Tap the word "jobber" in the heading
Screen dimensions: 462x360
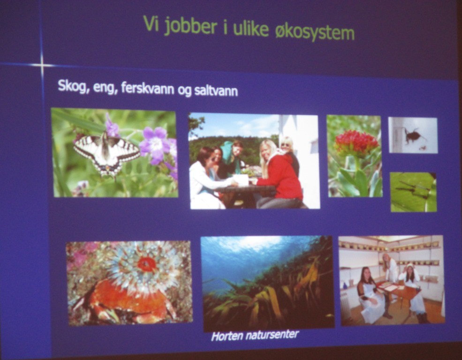(x=190, y=26)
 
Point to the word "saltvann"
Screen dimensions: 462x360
(x=216, y=90)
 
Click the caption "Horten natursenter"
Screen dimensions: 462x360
(x=255, y=335)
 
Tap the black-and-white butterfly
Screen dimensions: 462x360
(x=106, y=153)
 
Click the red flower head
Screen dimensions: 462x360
(x=356, y=143)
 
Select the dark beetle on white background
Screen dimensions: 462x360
(x=412, y=135)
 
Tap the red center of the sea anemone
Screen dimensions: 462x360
(x=146, y=264)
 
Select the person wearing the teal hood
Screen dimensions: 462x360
(x=233, y=156)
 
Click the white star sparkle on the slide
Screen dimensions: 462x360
(x=42, y=65)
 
